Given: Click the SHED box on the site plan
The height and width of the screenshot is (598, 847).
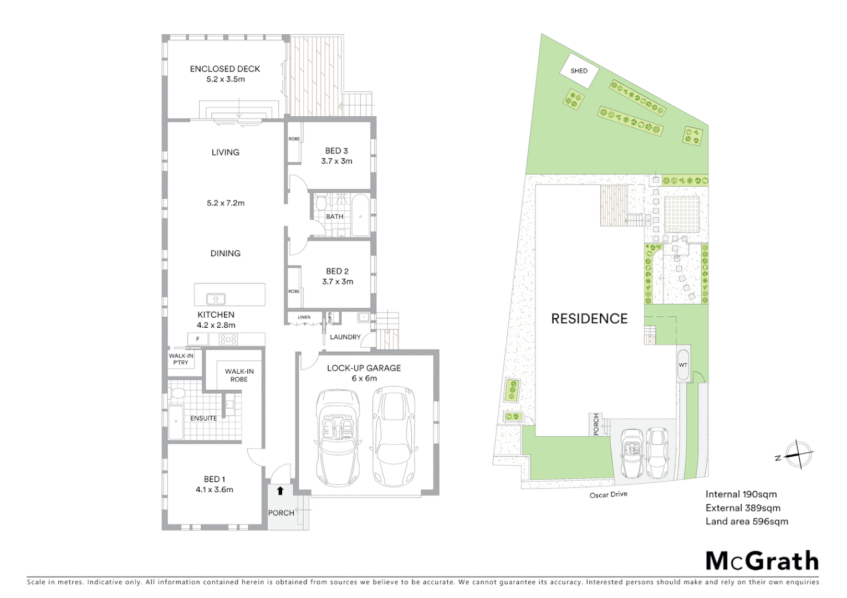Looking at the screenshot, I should point(579,71).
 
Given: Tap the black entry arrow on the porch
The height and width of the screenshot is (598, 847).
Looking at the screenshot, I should point(280,491).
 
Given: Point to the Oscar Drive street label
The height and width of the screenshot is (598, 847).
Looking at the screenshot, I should point(608,494).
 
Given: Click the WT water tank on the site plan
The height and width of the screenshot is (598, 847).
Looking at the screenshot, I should point(683,365).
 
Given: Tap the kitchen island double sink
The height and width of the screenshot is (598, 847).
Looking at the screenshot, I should point(216,299).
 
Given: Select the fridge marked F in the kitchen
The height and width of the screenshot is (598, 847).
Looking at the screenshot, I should point(198,339).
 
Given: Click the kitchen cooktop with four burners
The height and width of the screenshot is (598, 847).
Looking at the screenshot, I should point(228,339).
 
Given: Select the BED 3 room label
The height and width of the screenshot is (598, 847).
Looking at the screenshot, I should point(336,151).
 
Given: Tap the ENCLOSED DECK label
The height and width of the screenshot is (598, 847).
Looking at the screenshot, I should point(224,69).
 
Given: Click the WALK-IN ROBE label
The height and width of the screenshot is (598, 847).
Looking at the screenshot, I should point(239,375).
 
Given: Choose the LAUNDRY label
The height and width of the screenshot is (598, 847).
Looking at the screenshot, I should point(345,337).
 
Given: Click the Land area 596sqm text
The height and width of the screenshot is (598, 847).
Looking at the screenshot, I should point(746,521).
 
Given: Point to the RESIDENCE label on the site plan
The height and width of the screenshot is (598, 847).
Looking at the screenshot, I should point(589,318).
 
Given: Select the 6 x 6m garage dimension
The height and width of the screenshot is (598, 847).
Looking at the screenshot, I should point(364,378).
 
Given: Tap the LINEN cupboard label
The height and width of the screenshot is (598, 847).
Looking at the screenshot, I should point(304,317).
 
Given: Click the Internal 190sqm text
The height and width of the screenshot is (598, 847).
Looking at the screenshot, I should point(741,494).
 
